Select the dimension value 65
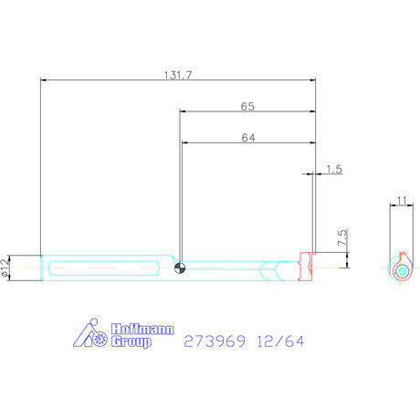(247, 106)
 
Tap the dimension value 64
(247, 138)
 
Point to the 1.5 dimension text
(333, 170)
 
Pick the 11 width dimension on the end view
(401, 201)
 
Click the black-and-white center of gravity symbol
(181, 268)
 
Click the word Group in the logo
(131, 343)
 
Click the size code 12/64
(281, 342)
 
